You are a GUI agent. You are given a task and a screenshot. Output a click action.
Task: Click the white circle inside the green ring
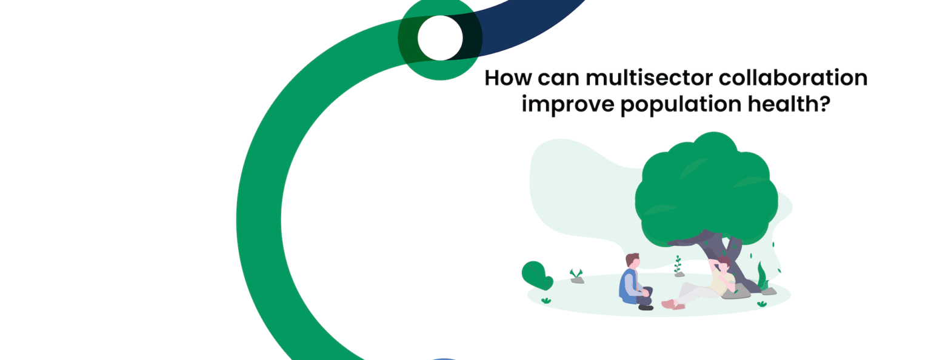click(x=440, y=38)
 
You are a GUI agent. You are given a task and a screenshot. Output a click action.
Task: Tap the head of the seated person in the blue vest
click(x=632, y=261)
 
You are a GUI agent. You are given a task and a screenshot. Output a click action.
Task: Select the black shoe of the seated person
click(x=646, y=307)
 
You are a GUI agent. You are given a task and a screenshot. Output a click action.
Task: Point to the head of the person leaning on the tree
click(x=722, y=264)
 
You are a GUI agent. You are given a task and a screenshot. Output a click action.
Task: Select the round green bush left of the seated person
click(x=536, y=275)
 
